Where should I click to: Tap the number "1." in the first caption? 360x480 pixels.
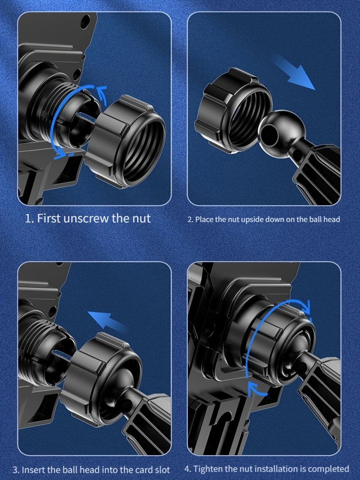click(29, 219)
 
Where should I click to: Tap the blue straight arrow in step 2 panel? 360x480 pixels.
click(294, 72)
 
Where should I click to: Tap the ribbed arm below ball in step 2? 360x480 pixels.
click(317, 173)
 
